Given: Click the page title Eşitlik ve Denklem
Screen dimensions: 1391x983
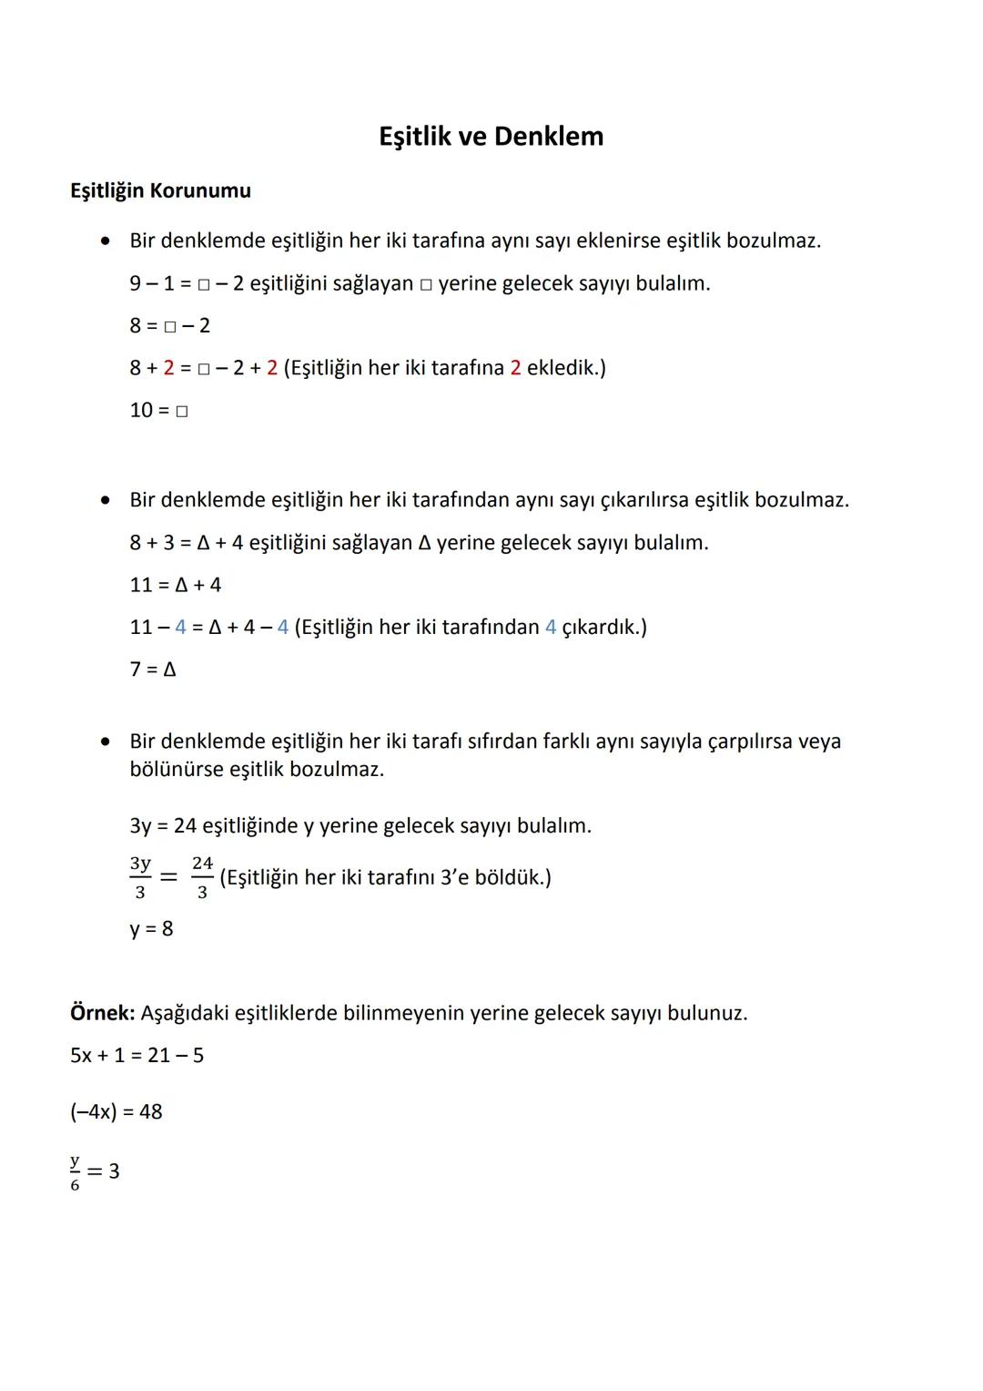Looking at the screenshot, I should pyautogui.click(x=491, y=137).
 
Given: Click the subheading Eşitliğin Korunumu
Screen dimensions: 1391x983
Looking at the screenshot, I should pyautogui.click(x=160, y=191).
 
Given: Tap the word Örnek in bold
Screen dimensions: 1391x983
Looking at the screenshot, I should pyautogui.click(x=102, y=1013).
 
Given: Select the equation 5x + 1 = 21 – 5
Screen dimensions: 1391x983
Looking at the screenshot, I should pyautogui.click(x=137, y=1056).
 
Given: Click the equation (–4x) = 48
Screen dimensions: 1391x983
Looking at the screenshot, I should pyautogui.click(x=116, y=1112).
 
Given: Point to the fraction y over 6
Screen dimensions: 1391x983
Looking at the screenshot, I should pyautogui.click(x=75, y=1172).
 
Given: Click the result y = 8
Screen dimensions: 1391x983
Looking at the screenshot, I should pyautogui.click(x=151, y=929).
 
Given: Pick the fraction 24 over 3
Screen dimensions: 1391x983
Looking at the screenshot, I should pyautogui.click(x=202, y=877).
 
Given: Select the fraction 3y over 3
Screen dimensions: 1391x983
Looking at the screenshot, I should pyautogui.click(x=140, y=877).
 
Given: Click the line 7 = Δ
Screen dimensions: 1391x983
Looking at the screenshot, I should pyautogui.click(x=153, y=670).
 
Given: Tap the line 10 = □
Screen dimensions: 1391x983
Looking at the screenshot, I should pyautogui.click(x=158, y=411).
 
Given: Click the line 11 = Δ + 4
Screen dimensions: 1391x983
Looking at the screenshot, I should pyautogui.click(x=175, y=585).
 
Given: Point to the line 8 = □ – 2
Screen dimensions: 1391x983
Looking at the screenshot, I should pyautogui.click(x=169, y=326).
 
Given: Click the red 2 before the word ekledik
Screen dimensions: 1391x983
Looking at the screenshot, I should pyautogui.click(x=515, y=368).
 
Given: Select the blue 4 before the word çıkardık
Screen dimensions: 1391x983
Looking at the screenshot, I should pyautogui.click(x=551, y=628).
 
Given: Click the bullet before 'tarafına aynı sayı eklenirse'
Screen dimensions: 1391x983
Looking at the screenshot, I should pyautogui.click(x=106, y=241).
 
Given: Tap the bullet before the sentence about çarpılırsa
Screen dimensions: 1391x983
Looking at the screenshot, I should pyautogui.click(x=106, y=742).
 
